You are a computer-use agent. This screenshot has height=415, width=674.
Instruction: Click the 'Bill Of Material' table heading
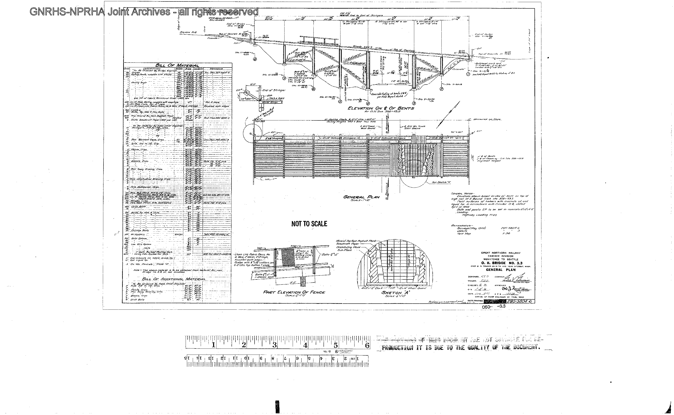pos(177,65)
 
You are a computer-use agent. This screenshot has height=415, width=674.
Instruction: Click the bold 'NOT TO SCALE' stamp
pos(309,224)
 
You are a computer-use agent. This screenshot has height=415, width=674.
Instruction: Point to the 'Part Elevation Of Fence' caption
pos(294,292)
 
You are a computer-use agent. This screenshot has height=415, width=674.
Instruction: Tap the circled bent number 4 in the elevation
pos(368,103)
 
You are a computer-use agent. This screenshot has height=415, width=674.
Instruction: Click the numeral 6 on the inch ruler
pos(367,345)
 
